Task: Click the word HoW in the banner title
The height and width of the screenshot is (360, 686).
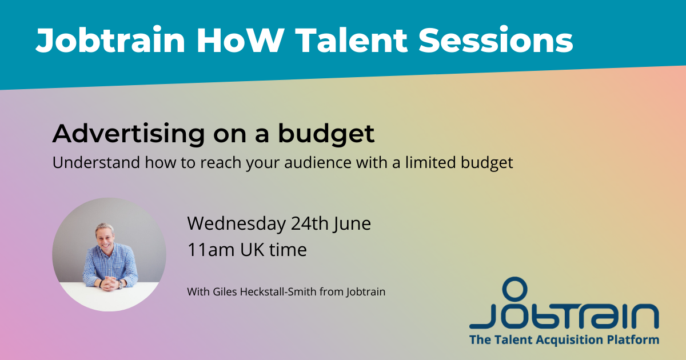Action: pos(240,40)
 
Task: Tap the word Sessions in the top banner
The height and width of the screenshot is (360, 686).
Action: pos(496,40)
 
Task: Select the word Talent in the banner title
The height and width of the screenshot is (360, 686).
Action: pos(351,40)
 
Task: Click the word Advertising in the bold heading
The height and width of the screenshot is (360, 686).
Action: pos(129,134)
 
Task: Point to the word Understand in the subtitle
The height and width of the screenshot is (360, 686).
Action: pos(96,162)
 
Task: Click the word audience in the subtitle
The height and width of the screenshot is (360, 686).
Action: pos(318,162)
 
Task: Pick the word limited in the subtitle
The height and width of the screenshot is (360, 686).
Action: pos(430,162)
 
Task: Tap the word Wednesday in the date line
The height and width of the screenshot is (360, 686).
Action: pos(237,224)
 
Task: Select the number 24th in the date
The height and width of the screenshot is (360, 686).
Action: pos(310,223)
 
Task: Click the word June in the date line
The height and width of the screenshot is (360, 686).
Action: pos(352,224)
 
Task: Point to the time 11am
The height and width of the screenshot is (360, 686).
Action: pos(211,250)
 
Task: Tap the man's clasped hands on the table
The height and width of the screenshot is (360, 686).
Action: pos(110,283)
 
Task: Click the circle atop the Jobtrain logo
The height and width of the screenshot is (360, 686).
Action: pos(515,289)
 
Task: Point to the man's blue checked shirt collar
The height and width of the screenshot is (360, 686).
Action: pos(105,251)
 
